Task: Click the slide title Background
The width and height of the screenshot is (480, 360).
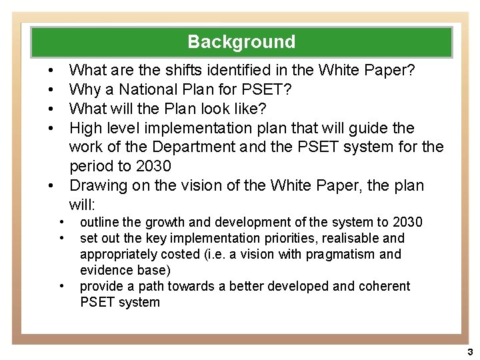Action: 241,42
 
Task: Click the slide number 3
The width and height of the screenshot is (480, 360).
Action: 469,351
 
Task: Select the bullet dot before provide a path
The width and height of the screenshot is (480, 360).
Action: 61,286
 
